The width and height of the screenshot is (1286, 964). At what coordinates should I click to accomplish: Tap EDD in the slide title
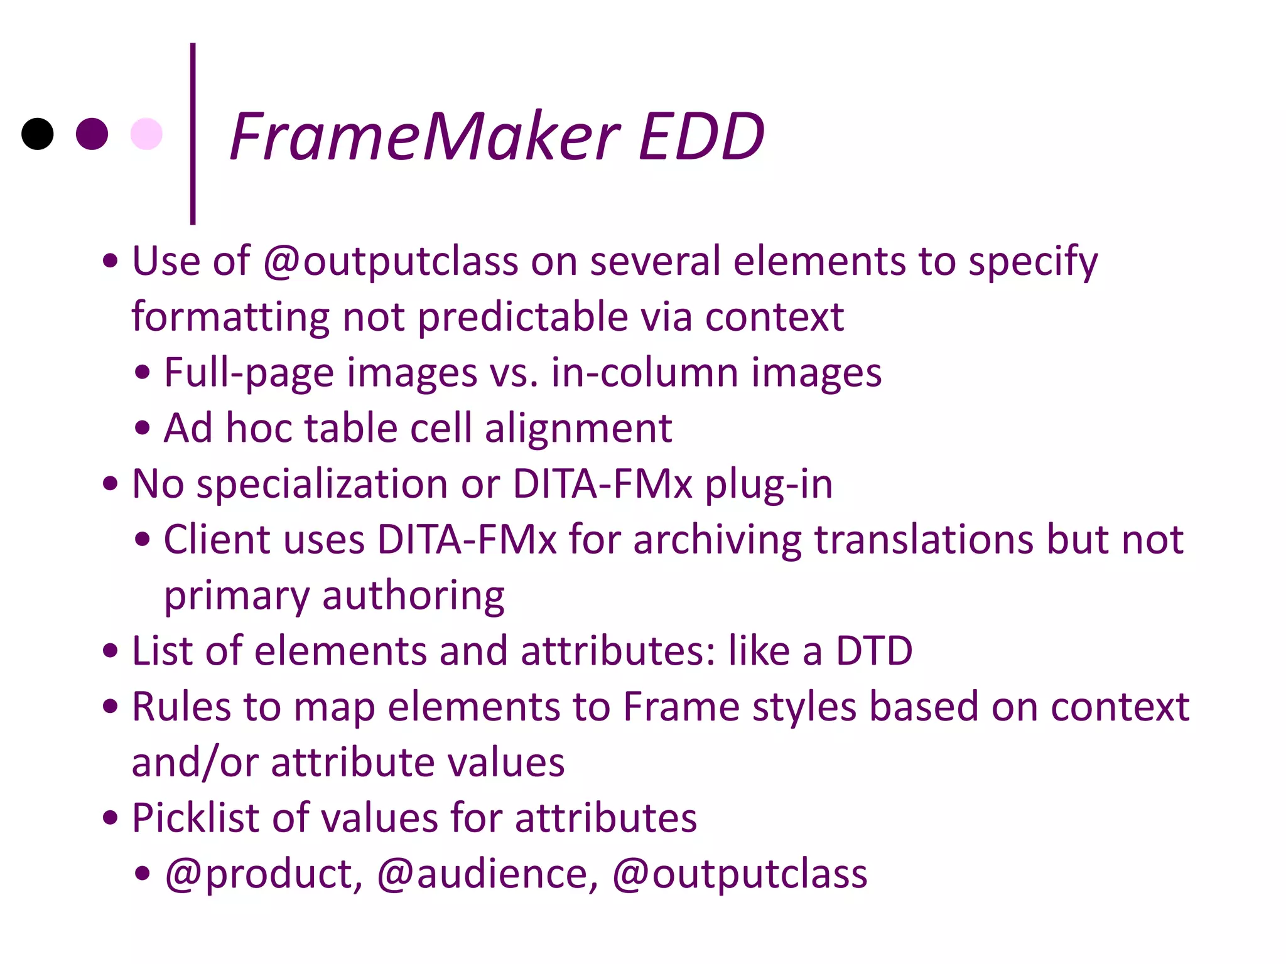click(x=701, y=136)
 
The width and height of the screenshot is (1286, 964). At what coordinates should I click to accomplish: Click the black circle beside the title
click(x=38, y=134)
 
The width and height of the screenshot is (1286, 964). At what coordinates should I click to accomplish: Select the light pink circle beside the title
click(x=146, y=134)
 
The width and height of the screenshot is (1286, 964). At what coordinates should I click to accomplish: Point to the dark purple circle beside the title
click(x=92, y=134)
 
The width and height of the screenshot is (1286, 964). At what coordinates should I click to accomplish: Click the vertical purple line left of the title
click(x=193, y=134)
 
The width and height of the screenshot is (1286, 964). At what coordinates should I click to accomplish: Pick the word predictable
click(x=522, y=316)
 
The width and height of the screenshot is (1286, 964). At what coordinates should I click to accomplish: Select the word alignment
click(x=578, y=428)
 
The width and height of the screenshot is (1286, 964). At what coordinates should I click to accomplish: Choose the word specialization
click(x=321, y=485)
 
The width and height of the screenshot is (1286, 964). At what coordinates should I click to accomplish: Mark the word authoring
click(x=413, y=596)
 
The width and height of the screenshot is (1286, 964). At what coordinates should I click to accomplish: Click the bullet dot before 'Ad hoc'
click(x=143, y=428)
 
